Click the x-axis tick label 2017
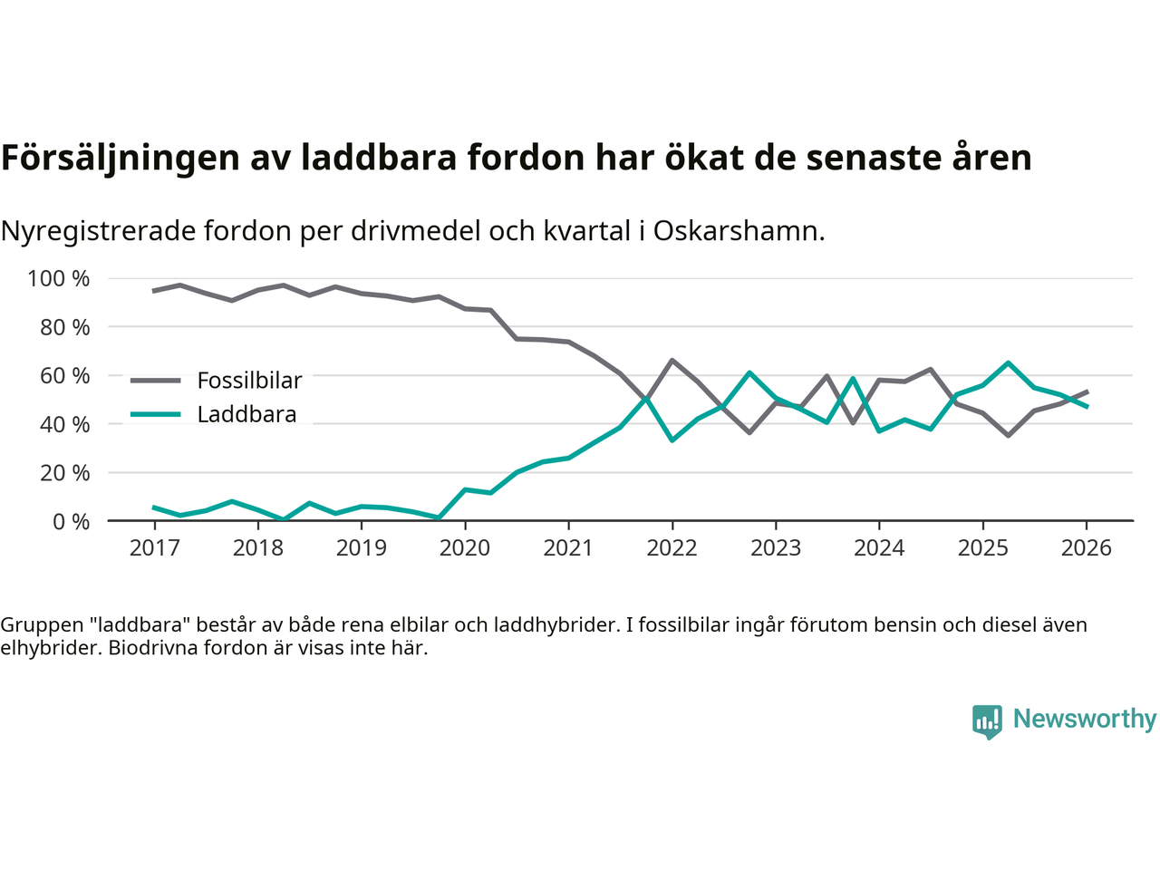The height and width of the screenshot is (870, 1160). pos(154,548)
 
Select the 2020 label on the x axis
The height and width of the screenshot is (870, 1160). pos(465,548)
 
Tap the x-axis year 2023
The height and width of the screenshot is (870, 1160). pos(776,548)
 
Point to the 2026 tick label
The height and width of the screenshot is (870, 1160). pos(1087,548)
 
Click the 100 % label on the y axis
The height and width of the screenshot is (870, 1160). pos(59,278)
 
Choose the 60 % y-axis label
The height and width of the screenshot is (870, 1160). pos(64,375)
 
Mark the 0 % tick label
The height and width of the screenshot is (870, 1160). pos(70,521)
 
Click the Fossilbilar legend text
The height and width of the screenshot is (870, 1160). pos(249,381)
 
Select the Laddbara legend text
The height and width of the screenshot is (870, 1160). pos(246,415)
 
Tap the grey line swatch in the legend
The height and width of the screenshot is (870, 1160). pos(155,381)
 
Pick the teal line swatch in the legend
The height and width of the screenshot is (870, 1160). pos(155,415)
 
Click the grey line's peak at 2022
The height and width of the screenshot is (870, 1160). pos(672,361)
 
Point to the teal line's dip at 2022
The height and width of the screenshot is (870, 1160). pos(672,440)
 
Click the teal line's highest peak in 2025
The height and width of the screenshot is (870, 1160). pos(1008,362)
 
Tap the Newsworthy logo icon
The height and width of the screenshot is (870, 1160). pos(987,721)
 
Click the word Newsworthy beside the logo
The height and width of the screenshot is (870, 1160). pos(1085,719)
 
